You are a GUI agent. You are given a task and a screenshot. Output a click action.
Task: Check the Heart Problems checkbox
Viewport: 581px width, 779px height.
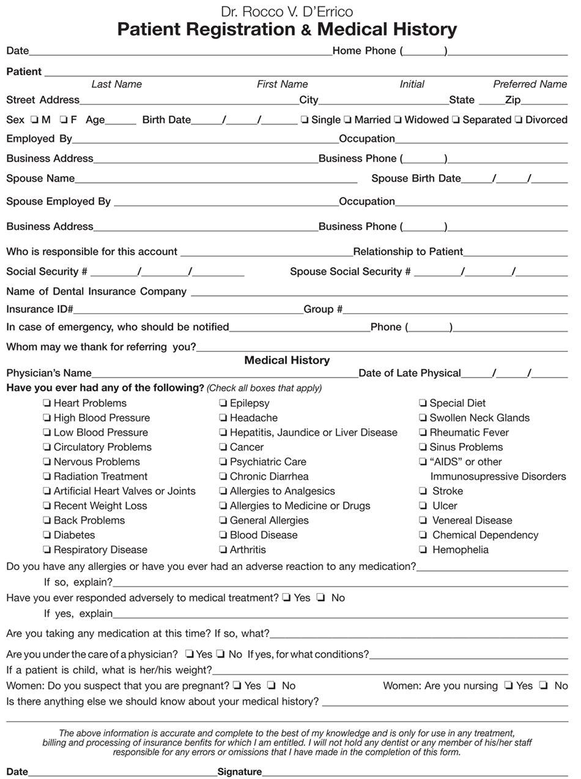(x=47, y=403)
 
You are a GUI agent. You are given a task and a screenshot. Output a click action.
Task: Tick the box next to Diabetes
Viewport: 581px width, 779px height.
(x=47, y=535)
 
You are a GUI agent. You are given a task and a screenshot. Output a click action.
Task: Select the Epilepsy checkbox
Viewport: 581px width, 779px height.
(x=223, y=403)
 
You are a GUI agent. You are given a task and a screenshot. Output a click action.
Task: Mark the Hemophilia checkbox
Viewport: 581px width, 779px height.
(x=423, y=550)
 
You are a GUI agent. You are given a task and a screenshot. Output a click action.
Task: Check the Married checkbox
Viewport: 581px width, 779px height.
(x=347, y=120)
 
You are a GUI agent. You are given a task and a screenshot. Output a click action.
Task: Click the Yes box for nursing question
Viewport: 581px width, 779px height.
(x=508, y=686)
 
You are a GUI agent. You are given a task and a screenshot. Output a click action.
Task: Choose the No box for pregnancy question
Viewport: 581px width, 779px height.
(x=272, y=686)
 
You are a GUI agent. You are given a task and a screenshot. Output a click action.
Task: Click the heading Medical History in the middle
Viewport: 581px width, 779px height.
(x=287, y=360)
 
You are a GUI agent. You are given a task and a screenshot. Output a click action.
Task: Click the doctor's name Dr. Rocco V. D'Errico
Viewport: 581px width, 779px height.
(x=287, y=12)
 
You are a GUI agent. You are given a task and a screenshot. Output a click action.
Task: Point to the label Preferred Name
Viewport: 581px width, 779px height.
(x=530, y=84)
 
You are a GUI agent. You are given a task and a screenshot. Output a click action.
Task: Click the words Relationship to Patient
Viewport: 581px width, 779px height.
(x=408, y=252)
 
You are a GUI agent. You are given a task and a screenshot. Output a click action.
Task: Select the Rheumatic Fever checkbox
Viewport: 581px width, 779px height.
(x=423, y=433)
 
